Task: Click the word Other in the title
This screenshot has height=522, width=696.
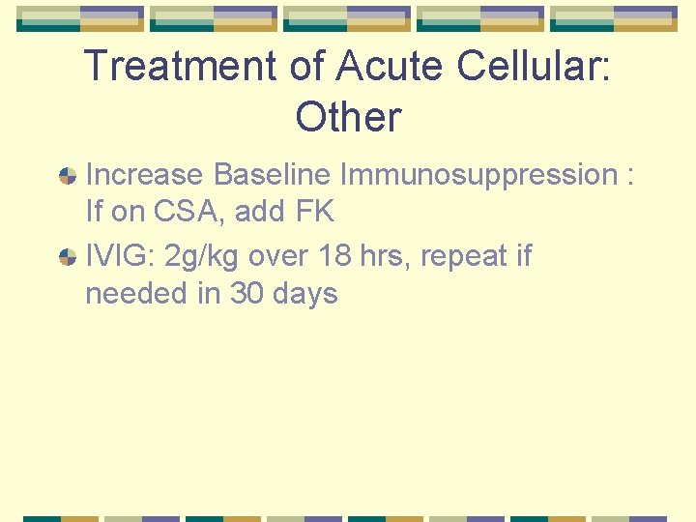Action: tap(348, 117)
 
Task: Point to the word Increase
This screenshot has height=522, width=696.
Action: tap(145, 175)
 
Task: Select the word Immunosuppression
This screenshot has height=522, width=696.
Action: tap(477, 175)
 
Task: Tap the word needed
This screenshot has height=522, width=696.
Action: tap(137, 292)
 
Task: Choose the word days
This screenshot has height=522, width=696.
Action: tap(304, 293)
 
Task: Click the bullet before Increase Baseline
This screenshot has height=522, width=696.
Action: tap(67, 176)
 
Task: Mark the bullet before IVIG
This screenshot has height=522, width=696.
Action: tap(67, 257)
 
